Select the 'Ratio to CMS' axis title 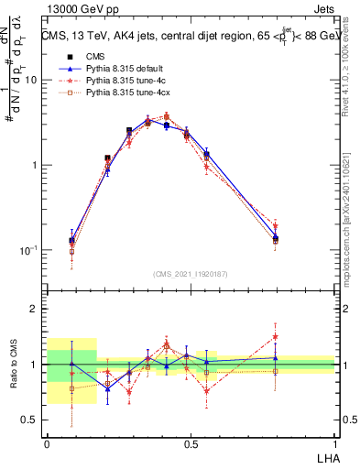tap(13, 365)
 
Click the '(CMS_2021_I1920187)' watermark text tap(191, 274)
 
